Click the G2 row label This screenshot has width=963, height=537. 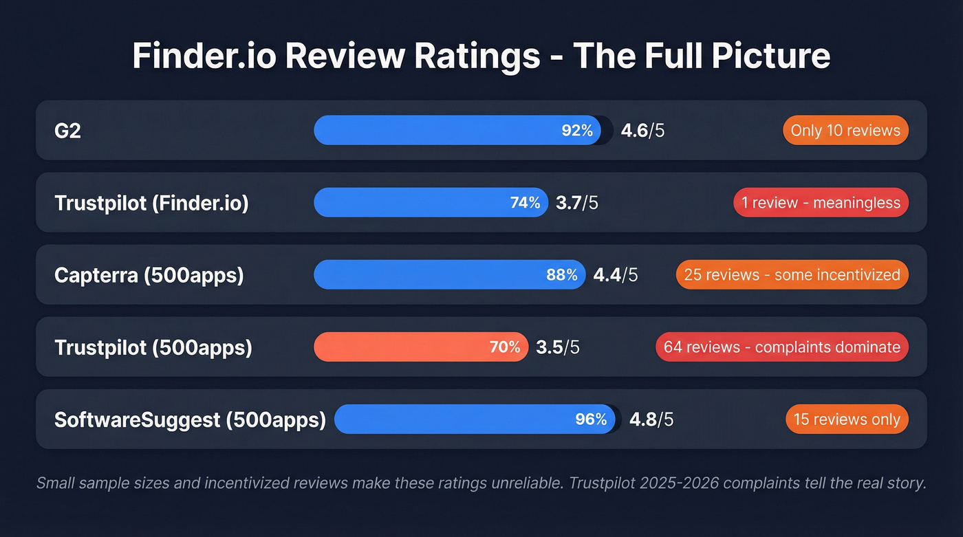67,131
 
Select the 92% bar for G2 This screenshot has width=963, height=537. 457,131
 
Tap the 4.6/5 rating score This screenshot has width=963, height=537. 642,131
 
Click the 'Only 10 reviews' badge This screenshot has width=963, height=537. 845,131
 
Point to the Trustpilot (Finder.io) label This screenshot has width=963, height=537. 151,203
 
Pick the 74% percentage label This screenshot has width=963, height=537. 525,203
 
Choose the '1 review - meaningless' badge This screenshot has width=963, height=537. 821,203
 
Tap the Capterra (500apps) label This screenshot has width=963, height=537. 149,275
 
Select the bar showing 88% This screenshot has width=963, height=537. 449,275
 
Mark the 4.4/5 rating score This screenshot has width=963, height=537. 616,275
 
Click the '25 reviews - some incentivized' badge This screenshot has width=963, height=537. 792,275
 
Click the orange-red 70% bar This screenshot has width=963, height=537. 421,347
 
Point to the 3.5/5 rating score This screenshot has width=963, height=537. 558,347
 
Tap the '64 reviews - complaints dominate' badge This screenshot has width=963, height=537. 781,347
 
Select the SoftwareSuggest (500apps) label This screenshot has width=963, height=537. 190,419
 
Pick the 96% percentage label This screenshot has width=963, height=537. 591,419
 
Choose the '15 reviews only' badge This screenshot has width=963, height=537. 847,419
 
